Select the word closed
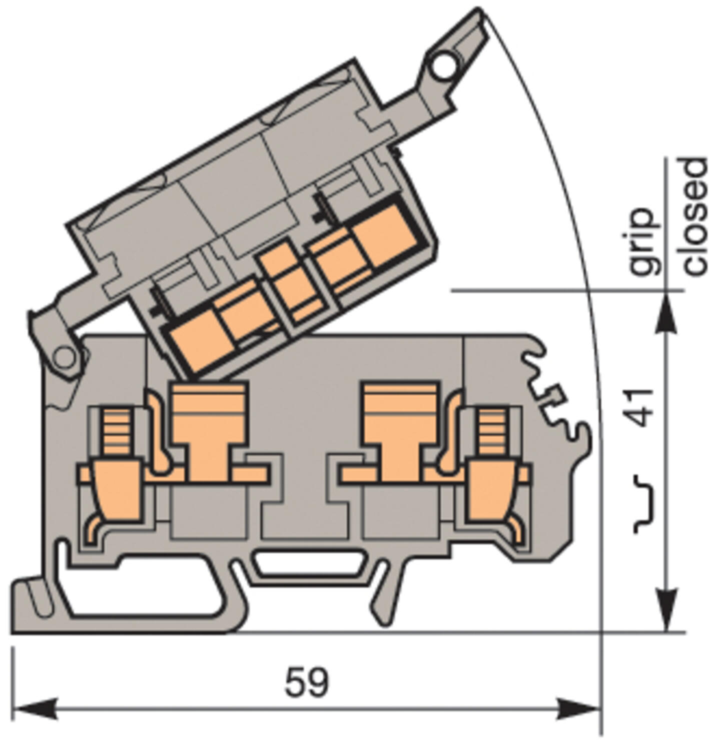(x=696, y=216)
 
